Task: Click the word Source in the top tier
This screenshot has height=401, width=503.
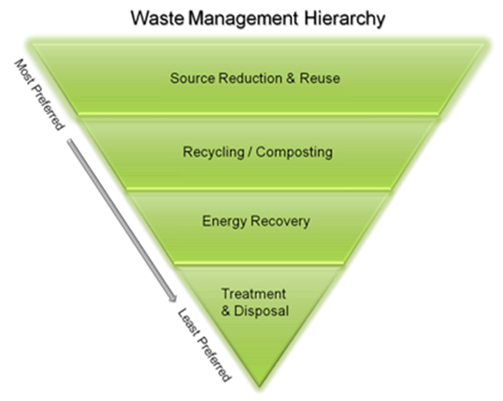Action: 189,78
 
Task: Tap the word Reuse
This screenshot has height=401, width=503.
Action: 321,78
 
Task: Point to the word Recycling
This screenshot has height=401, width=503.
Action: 212,152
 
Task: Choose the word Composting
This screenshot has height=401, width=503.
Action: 294,152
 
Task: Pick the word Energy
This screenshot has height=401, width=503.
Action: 222,222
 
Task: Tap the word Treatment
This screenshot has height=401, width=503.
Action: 254,294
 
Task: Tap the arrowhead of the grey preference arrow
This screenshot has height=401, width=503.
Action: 174,296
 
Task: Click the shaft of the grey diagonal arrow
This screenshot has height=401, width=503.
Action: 123,215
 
